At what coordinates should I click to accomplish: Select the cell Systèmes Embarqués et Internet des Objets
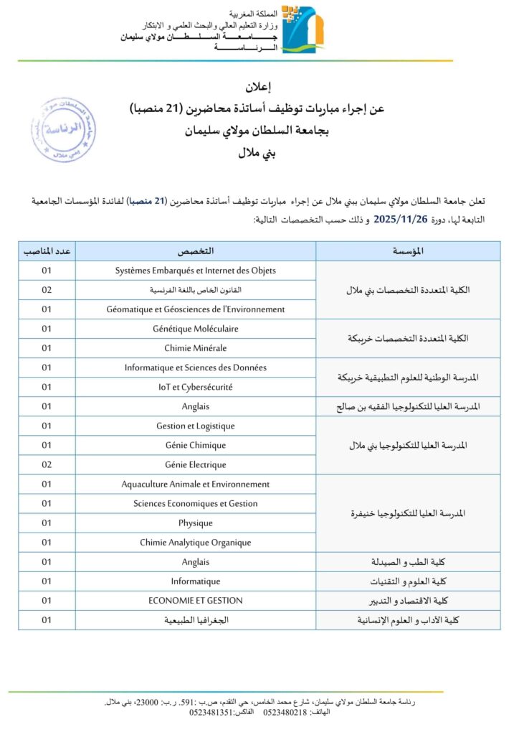pos(196,271)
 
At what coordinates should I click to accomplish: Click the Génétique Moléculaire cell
pos(196,329)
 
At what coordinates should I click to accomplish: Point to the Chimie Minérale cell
pos(196,348)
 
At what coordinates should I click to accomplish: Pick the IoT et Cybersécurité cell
pos(196,387)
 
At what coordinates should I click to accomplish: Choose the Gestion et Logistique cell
pos(196,426)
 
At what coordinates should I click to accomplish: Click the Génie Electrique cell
pos(196,464)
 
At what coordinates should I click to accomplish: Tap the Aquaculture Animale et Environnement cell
pos(196,484)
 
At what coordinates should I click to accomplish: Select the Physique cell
pos(196,523)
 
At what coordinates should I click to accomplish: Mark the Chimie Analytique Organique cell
pos(196,543)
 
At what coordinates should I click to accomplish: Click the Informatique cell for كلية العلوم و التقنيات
pos(196,581)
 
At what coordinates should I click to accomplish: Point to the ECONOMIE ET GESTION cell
pos(196,600)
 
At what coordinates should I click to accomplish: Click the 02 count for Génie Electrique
pos(47,464)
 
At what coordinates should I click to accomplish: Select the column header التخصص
pos(196,251)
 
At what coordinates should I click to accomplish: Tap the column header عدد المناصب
pos(47,251)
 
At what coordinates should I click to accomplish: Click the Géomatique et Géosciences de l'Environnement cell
pos(196,309)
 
